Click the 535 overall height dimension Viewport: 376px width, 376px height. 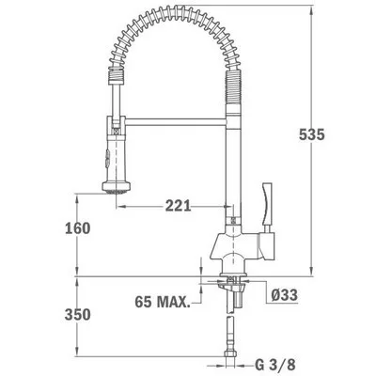tap(312, 134)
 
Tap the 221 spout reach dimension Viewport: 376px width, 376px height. tap(178, 206)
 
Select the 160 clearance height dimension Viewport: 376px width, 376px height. tap(77, 228)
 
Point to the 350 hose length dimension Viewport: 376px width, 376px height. tap(77, 315)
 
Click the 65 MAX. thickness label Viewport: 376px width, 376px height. tap(163, 302)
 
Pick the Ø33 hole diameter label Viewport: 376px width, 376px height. tap(284, 295)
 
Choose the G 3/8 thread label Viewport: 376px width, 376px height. tap(275, 365)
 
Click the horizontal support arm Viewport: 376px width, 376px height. tap(176, 121)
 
